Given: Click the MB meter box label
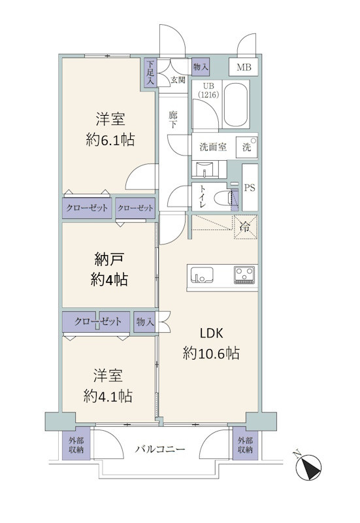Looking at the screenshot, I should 243,67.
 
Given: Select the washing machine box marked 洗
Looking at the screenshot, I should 246,147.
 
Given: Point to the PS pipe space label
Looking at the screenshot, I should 250,187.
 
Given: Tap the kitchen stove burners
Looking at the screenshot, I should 244,273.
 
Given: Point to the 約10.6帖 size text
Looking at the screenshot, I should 211,354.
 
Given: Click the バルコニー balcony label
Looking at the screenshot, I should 161,450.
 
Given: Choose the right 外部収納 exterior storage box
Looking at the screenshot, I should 245,445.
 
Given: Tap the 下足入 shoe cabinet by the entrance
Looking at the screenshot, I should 150,73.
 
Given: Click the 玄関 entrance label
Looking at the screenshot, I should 178,80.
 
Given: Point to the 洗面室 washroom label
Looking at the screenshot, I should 208,146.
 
